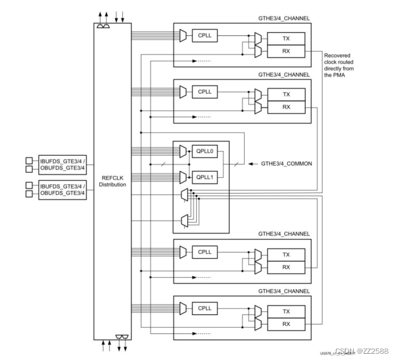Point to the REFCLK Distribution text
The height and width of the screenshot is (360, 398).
click(x=112, y=181)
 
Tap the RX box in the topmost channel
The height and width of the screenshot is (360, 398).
click(x=286, y=51)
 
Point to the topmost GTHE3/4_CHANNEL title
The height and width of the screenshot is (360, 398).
click(x=283, y=19)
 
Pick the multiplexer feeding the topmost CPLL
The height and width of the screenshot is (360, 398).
click(x=183, y=37)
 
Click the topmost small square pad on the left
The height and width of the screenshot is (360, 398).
click(x=28, y=159)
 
